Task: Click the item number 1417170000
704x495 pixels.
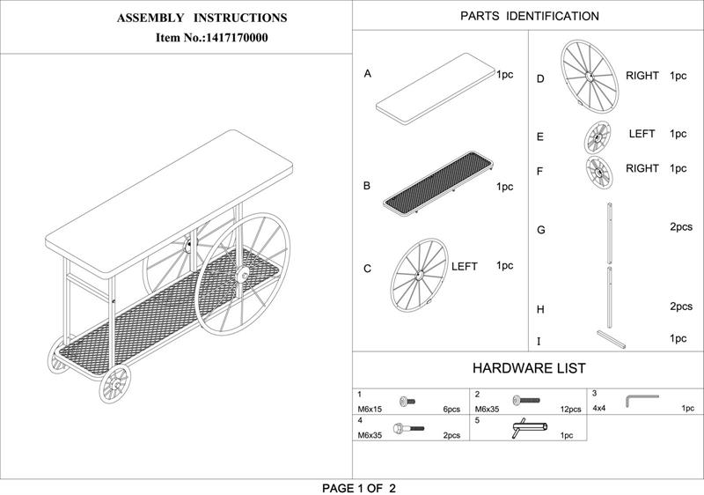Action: (236, 38)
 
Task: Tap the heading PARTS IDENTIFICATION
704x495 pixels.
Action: (530, 16)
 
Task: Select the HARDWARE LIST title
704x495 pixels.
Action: (529, 368)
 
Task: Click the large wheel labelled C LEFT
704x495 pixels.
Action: (420, 276)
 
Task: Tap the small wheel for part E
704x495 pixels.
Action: (598, 138)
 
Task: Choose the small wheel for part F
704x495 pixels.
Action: (599, 173)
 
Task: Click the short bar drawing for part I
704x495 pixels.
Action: (611, 340)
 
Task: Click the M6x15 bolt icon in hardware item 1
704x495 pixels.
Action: (407, 401)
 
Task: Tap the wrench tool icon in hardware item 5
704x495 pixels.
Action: (530, 428)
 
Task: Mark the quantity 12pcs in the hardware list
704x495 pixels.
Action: (570, 410)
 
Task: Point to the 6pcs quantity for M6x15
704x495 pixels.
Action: (451, 410)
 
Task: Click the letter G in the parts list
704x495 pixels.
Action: (541, 230)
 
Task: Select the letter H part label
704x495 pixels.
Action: (540, 309)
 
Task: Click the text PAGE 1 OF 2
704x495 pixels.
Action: (359, 488)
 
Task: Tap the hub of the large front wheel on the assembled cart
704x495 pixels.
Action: (243, 273)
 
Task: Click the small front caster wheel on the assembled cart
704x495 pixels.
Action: (114, 384)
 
